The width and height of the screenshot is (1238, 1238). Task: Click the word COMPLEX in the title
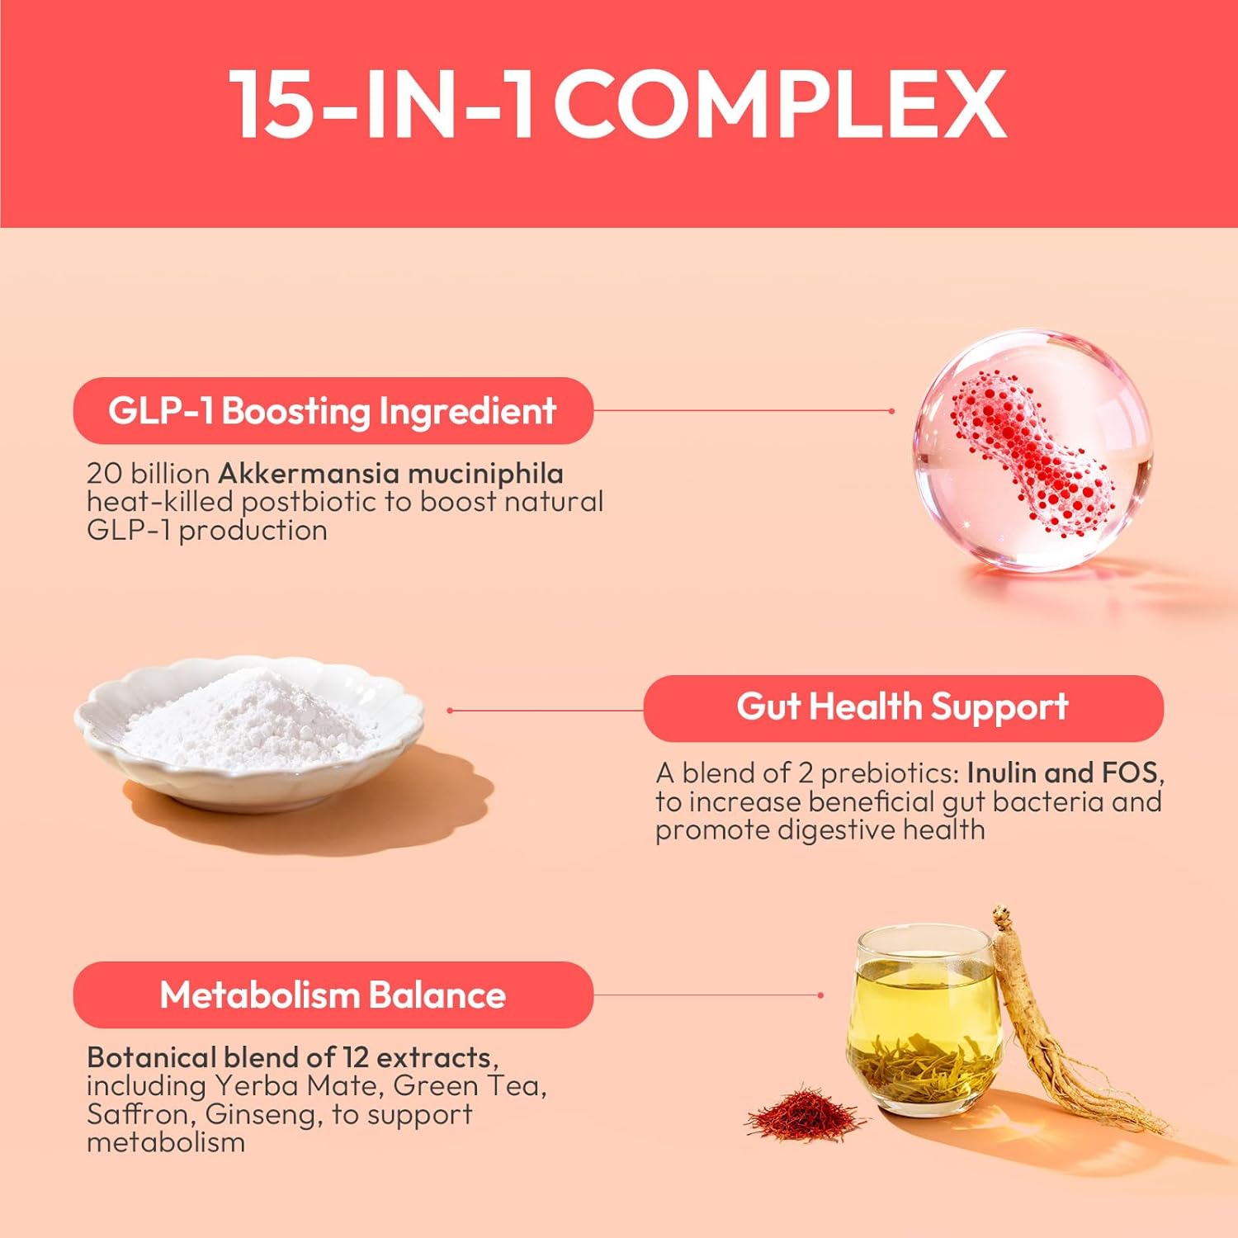(780, 104)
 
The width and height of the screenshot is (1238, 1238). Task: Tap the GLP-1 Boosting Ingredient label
(333, 411)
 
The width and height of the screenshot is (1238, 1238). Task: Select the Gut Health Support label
(903, 708)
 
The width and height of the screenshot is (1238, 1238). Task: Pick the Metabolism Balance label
(333, 995)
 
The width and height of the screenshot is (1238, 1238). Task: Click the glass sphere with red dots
(1032, 450)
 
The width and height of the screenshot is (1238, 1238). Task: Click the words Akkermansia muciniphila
(391, 474)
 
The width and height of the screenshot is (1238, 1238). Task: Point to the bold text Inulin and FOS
(1062, 773)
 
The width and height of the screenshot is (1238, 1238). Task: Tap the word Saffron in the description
(141, 1114)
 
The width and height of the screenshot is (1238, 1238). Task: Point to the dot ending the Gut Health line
(450, 710)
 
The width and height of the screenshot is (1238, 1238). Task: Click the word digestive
(837, 830)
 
